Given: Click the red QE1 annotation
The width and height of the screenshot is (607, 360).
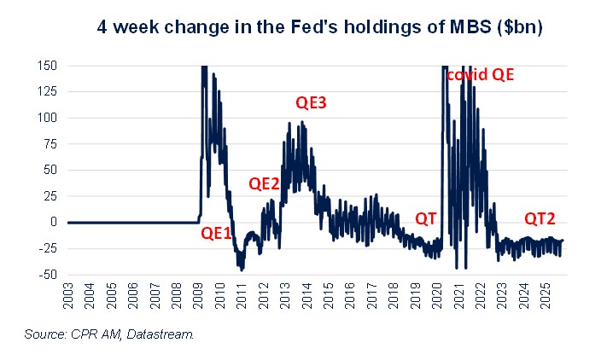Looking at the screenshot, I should pyautogui.click(x=216, y=232).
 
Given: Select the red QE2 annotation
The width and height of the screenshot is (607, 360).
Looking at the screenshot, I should pyautogui.click(x=264, y=183).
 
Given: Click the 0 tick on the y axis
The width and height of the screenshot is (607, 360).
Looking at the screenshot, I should pyautogui.click(x=53, y=222).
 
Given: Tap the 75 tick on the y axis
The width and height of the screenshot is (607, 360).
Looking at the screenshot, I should pyautogui.click(x=50, y=144).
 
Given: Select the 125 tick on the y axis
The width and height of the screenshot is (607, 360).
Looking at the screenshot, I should pyautogui.click(x=47, y=92).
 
